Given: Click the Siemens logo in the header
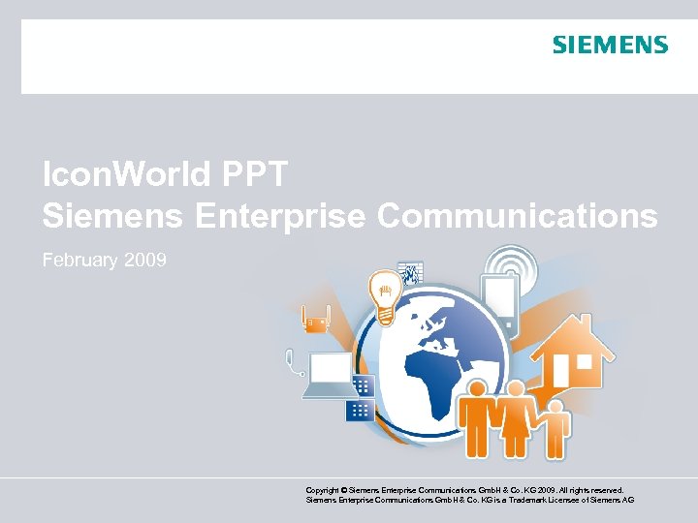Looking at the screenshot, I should pos(610,45).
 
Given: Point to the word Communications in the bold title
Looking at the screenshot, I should pos(517,216).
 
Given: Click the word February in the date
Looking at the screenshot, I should pos(79,261).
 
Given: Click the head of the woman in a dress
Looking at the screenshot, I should pos(516,388).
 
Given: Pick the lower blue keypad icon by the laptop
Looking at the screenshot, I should pos(360,410).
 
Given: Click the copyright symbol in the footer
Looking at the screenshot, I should pos(340,491).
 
